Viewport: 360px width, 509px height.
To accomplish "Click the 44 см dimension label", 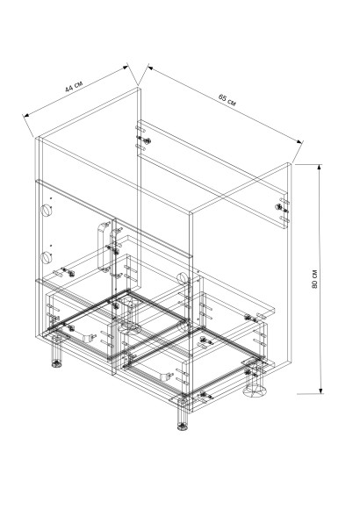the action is click(x=74, y=86).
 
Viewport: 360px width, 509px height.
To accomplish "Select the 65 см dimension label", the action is click(x=227, y=100).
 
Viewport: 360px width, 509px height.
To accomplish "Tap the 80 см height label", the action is click(x=314, y=279).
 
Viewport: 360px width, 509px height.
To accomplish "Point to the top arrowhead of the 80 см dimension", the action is click(x=320, y=167).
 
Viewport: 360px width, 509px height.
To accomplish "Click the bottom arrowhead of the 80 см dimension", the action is click(x=321, y=391).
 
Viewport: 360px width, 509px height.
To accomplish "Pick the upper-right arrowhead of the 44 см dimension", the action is click(x=125, y=68).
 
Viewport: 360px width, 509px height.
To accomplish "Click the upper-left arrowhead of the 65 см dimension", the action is click(x=151, y=68).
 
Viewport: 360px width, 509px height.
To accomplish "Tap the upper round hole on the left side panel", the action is click(x=47, y=210).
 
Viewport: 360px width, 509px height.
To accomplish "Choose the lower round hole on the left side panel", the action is click(x=47, y=257).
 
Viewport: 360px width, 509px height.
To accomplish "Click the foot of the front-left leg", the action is click(x=57, y=363).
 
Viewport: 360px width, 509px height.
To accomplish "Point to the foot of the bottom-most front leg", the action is click(x=183, y=427).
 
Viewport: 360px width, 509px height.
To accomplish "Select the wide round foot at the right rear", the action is click(x=255, y=391).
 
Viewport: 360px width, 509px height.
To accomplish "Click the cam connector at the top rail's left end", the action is click(x=146, y=140).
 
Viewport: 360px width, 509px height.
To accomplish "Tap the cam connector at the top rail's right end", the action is click(x=279, y=207).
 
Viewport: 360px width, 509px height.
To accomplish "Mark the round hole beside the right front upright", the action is click(x=182, y=278).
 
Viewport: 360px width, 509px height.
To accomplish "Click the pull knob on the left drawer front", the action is click(x=88, y=338).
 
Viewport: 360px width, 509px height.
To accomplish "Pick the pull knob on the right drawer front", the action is click(x=165, y=376).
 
